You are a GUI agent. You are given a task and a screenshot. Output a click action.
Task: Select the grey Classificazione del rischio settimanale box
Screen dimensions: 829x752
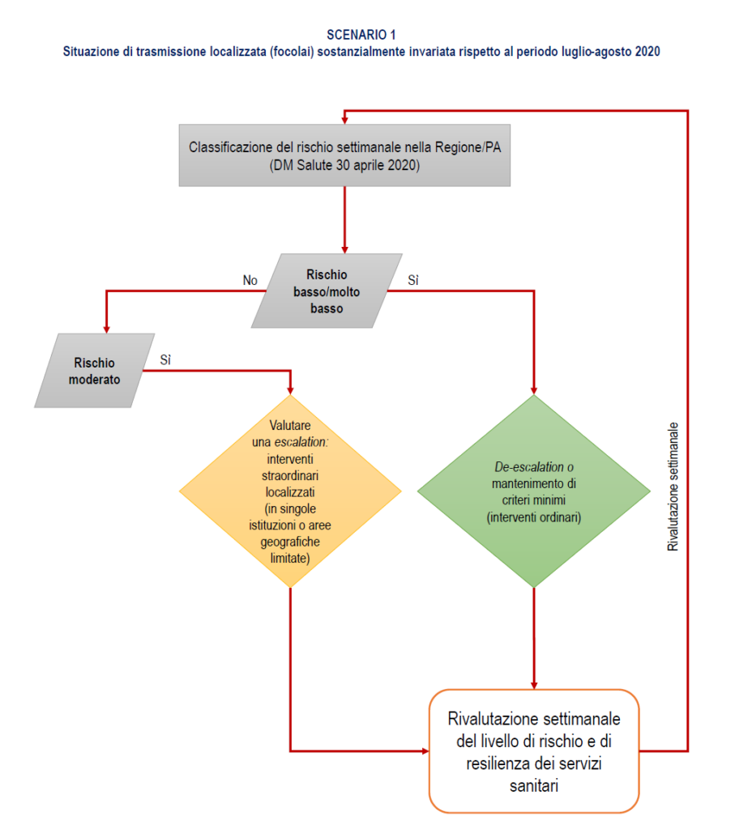pos(345,155)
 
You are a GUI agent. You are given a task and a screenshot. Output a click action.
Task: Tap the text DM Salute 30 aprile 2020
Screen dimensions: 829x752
pos(345,165)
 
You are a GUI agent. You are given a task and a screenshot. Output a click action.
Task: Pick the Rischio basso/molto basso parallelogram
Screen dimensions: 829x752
pos(327,291)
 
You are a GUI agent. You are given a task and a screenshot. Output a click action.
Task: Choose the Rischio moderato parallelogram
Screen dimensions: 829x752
pos(95,370)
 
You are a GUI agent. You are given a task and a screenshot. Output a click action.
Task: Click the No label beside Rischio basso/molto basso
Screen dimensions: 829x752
pos(250,280)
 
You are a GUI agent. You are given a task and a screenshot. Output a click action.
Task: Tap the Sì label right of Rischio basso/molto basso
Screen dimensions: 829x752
pos(413,280)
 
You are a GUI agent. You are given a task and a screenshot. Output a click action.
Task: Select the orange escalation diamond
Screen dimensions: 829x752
pos(290,491)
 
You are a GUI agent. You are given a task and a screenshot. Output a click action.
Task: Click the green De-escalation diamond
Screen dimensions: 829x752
pos(534,491)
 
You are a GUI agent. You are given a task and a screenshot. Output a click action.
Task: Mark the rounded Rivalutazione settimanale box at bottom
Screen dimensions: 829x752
pos(534,750)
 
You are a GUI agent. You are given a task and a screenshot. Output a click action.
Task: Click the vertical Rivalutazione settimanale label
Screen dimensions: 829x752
pos(673,487)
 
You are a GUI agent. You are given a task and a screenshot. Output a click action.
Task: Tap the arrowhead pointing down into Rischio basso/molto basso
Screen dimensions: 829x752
pos(345,248)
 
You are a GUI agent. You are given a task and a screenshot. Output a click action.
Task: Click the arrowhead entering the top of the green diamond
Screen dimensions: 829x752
pos(534,389)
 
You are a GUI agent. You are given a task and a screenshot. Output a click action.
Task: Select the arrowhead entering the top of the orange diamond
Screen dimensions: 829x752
pos(290,389)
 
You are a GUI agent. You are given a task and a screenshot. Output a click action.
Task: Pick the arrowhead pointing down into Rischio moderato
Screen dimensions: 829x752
pos(106,327)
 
